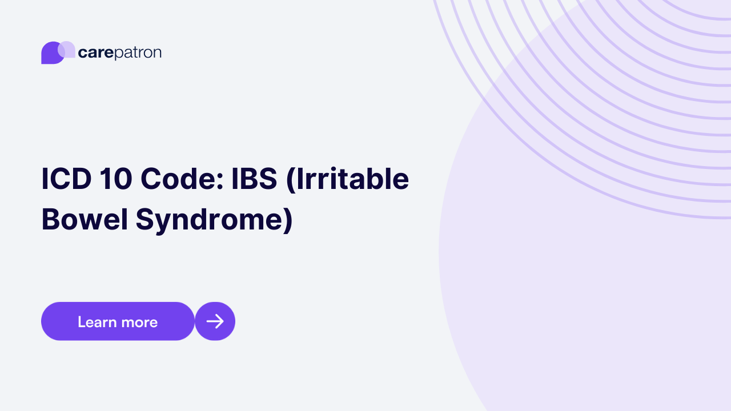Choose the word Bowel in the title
point(85,220)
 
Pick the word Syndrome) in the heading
point(214,221)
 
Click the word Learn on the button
point(97,322)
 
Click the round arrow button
point(215,321)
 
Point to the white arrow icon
point(215,321)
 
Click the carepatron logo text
point(119,53)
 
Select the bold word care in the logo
point(95,53)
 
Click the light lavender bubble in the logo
point(67,49)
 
